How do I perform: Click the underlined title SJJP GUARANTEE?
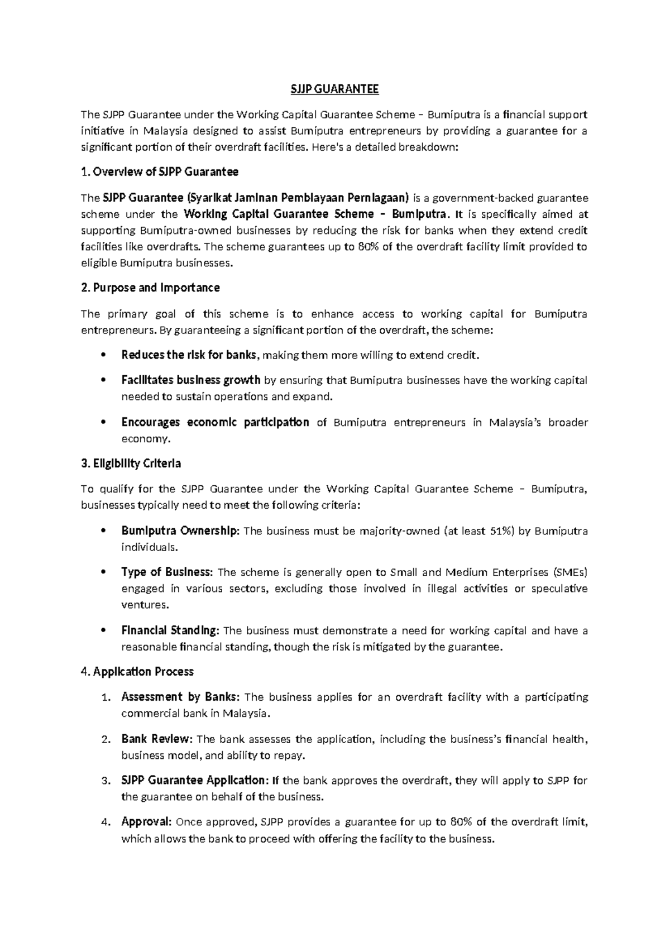pyautogui.click(x=334, y=89)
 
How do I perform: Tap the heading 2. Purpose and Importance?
pyautogui.click(x=150, y=288)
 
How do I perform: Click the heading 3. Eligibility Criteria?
pyautogui.click(x=131, y=463)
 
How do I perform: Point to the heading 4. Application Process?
pyautogui.click(x=137, y=672)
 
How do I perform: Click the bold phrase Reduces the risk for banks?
pyautogui.click(x=189, y=355)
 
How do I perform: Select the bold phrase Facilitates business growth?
pyautogui.click(x=190, y=380)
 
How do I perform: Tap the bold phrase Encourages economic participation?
pyautogui.click(x=215, y=423)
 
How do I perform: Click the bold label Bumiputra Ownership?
pyautogui.click(x=180, y=531)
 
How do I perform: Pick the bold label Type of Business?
pyautogui.click(x=166, y=572)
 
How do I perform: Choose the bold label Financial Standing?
pyautogui.click(x=170, y=631)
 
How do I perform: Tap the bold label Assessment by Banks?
pyautogui.click(x=180, y=697)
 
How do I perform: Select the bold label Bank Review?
pyautogui.click(x=156, y=739)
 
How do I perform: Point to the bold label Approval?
pyautogui.click(x=146, y=822)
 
